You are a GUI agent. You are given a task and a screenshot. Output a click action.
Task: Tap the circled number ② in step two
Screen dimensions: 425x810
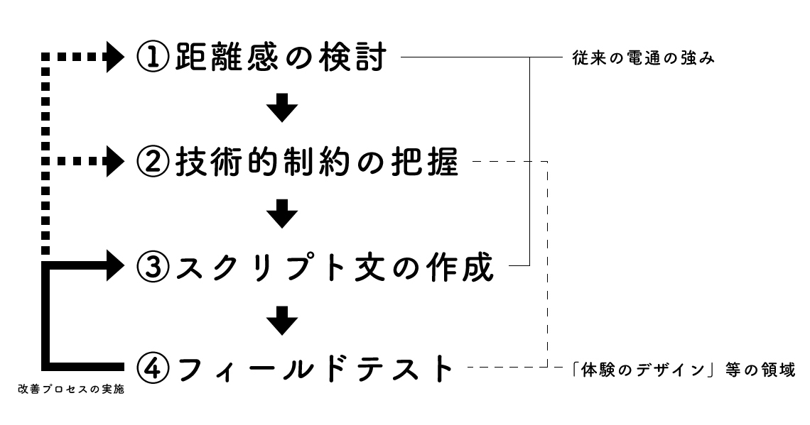click(152, 163)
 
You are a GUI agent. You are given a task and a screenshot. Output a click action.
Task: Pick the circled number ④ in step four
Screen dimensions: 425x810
click(152, 369)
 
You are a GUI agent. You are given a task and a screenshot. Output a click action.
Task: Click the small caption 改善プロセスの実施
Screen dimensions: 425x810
click(68, 390)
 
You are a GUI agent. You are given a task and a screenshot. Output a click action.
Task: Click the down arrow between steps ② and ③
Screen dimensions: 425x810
click(282, 214)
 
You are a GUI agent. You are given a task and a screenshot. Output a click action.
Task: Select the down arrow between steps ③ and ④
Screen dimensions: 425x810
click(282, 320)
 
